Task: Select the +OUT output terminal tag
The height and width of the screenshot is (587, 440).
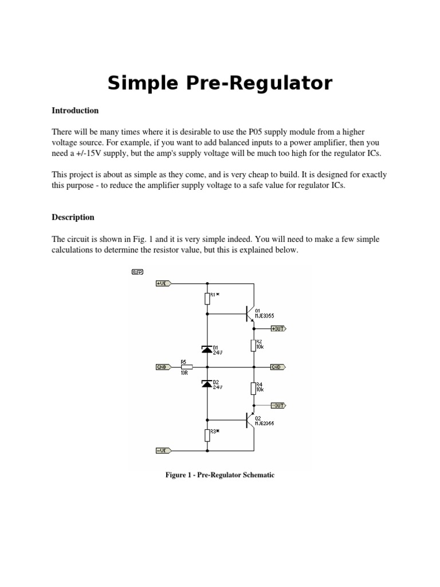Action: (278, 328)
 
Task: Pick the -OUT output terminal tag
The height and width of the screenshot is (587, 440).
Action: (278, 405)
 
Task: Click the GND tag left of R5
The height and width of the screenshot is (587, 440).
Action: (163, 367)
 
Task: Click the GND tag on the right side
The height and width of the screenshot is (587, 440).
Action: (278, 367)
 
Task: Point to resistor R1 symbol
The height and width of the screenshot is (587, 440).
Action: (207, 298)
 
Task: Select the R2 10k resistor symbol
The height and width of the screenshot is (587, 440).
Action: (253, 345)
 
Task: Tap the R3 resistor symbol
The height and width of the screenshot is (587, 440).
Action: (207, 435)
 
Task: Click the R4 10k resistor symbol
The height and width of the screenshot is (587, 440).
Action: (253, 388)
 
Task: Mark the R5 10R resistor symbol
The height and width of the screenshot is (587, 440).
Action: (186, 367)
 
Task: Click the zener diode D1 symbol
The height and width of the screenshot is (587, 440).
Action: (207, 349)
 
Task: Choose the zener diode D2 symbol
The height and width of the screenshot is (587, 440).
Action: (207, 383)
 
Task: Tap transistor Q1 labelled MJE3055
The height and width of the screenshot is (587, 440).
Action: (249, 314)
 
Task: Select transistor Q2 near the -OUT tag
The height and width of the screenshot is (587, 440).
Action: (249, 420)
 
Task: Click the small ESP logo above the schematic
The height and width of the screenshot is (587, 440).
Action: (137, 272)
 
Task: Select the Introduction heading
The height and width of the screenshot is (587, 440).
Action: (75, 110)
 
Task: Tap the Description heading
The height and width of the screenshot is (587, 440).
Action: (73, 217)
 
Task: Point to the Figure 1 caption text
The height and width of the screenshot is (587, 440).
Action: (220, 475)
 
